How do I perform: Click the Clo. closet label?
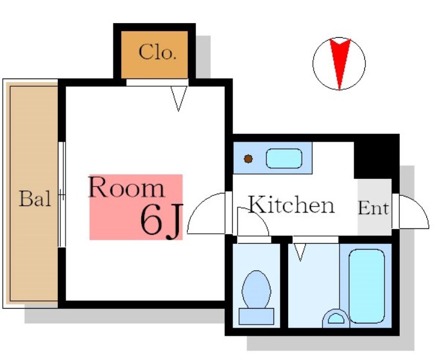pyautogui.click(x=157, y=52)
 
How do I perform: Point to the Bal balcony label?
pyautogui.click(x=35, y=198)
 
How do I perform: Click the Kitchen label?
pyautogui.click(x=292, y=204)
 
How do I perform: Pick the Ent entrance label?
pyautogui.click(x=373, y=208)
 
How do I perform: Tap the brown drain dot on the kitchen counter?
pyautogui.click(x=248, y=159)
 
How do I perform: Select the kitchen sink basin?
pyautogui.click(x=284, y=158)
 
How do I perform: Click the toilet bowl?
pyautogui.click(x=256, y=289)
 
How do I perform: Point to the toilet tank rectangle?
pyautogui.click(x=256, y=316)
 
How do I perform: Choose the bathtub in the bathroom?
pyautogui.click(x=367, y=286)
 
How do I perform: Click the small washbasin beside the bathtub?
pyautogui.click(x=336, y=319)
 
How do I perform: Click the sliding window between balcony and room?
pyautogui.click(x=62, y=195)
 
